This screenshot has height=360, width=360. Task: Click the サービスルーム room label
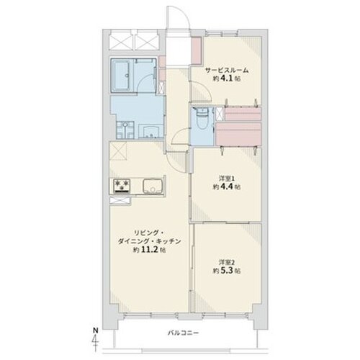click(x=227, y=70)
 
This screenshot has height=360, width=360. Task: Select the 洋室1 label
click(x=226, y=176)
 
